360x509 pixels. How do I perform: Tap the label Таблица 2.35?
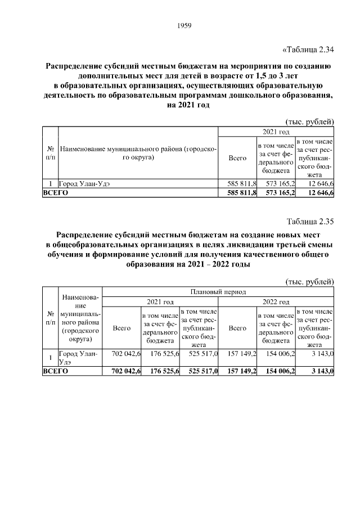tap(310, 221)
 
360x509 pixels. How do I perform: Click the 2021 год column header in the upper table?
tap(276, 132)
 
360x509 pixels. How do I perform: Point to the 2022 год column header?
tap(276, 301)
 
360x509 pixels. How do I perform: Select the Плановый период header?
tap(218, 292)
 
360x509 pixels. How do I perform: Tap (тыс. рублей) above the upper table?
tap(310, 121)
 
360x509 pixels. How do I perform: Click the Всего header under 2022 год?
tap(238, 328)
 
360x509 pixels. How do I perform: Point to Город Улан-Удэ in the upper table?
tap(85, 183)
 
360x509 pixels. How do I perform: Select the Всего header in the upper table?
tap(238, 159)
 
